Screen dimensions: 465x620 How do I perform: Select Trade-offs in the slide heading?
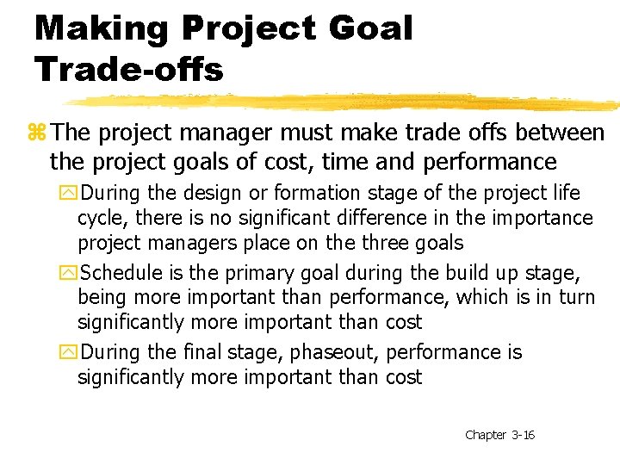tap(129, 69)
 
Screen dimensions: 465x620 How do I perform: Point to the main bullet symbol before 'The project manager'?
tap(36, 133)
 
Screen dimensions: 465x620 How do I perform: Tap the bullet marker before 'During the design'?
tap(69, 193)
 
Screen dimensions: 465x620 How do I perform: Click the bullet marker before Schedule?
tap(69, 273)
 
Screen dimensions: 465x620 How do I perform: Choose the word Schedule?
tap(121, 273)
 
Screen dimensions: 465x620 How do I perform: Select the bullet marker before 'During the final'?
tap(69, 352)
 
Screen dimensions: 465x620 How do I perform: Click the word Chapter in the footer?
tap(485, 435)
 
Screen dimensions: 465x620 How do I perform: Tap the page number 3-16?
tap(523, 435)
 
